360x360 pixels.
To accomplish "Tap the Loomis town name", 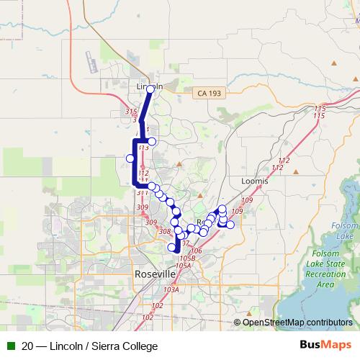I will (256, 181).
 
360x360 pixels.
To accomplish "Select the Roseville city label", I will (155, 274).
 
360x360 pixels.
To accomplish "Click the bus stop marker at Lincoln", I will (150, 90).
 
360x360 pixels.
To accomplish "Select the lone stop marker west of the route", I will (130, 158).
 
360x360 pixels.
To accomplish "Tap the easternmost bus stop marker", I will (230, 224).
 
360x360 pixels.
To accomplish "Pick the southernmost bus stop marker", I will (171, 248).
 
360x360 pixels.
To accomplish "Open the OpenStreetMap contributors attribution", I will (297, 322).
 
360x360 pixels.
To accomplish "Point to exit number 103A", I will (171, 289).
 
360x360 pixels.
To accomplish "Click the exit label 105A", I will (183, 265).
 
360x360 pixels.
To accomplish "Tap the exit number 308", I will (164, 231).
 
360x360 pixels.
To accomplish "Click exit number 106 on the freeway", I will (197, 251).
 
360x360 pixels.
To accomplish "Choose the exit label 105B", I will (188, 257).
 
